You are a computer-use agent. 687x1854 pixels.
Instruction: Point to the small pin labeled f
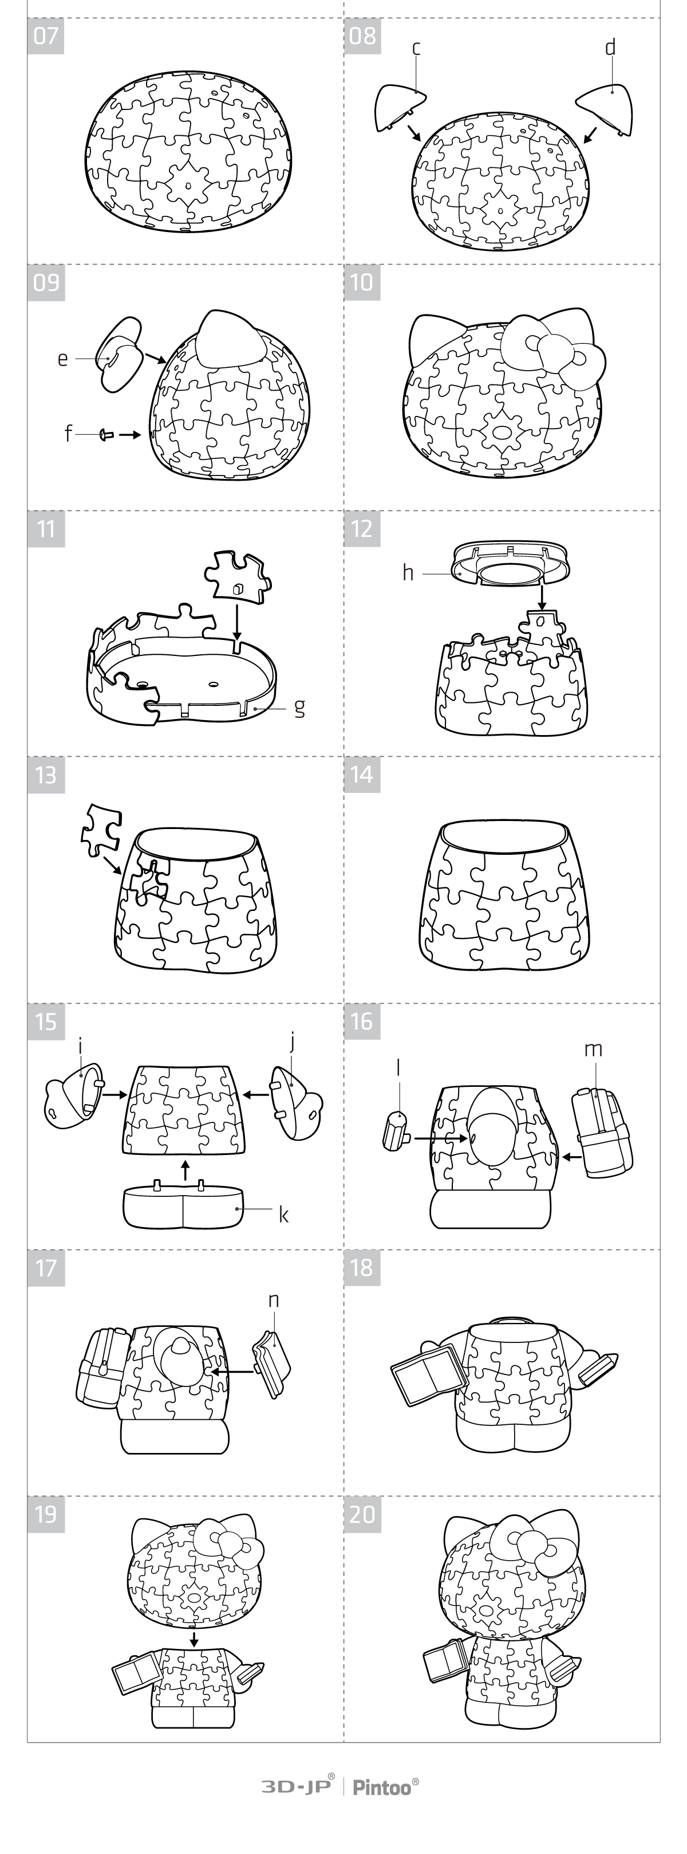pyautogui.click(x=106, y=435)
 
